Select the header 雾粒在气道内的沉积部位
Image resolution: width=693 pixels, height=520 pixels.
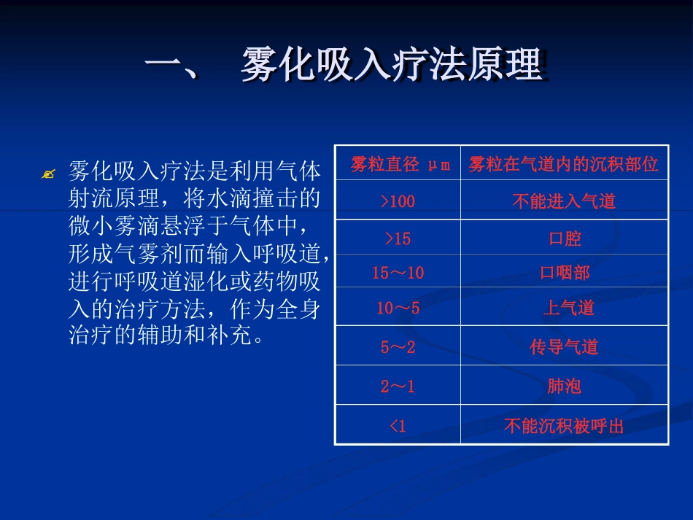563,164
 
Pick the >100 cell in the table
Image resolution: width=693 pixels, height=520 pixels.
398,201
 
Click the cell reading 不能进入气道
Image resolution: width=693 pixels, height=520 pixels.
564,201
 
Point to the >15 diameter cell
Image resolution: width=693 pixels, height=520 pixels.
398,238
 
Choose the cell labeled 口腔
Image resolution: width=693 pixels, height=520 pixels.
565,238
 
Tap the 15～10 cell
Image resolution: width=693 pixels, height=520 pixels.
398,273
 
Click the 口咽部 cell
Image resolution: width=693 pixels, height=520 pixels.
565,273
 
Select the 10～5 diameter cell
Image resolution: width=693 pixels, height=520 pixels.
398,308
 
